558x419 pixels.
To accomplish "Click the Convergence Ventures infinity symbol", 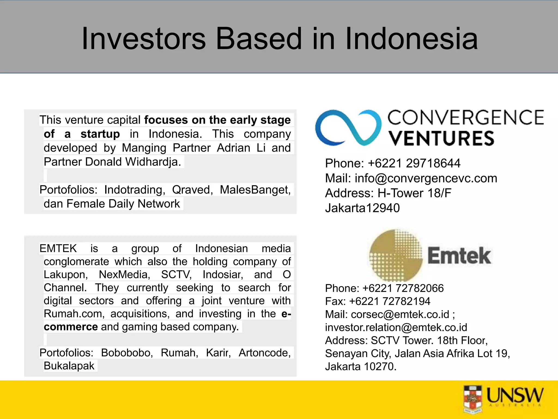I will pyautogui.click(x=348, y=128).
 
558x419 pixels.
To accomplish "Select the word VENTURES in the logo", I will pyautogui.click(x=441, y=138).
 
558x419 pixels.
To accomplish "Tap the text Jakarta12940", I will pyautogui.click(x=362, y=208).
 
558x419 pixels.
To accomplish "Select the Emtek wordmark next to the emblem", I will pyautogui.click(x=459, y=256).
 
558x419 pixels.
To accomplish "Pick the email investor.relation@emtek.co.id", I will pyautogui.click(x=396, y=328).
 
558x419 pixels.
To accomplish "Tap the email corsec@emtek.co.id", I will pyautogui.click(x=400, y=315).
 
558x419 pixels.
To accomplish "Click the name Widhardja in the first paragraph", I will pyautogui.click(x=153, y=162).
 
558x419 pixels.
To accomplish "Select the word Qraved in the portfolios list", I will pyautogui.click(x=192, y=190).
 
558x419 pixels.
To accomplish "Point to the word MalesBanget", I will pyautogui.click(x=255, y=190).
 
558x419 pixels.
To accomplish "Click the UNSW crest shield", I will pyautogui.click(x=472, y=399).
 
